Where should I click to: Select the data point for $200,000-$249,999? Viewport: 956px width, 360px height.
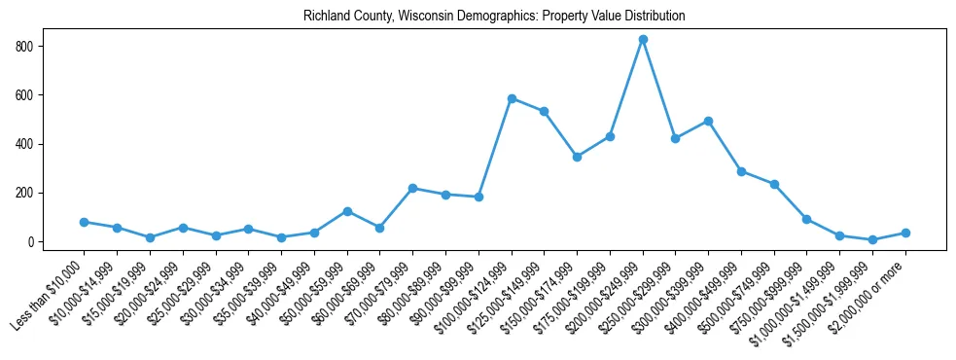click(x=643, y=39)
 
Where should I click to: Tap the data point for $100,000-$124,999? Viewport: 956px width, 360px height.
click(x=512, y=98)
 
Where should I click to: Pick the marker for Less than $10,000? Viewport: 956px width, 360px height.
click(x=85, y=222)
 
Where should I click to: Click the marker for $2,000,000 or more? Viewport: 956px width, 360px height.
click(x=905, y=233)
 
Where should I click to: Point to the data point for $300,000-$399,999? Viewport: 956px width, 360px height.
click(x=708, y=121)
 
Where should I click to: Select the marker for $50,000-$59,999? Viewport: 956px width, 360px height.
click(x=347, y=211)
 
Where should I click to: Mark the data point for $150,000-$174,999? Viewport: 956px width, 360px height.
click(x=577, y=157)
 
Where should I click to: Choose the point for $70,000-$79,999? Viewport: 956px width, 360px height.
click(x=412, y=188)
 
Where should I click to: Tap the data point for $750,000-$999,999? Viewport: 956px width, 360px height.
click(x=806, y=219)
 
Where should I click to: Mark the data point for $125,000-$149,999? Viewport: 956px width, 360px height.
click(x=544, y=111)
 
